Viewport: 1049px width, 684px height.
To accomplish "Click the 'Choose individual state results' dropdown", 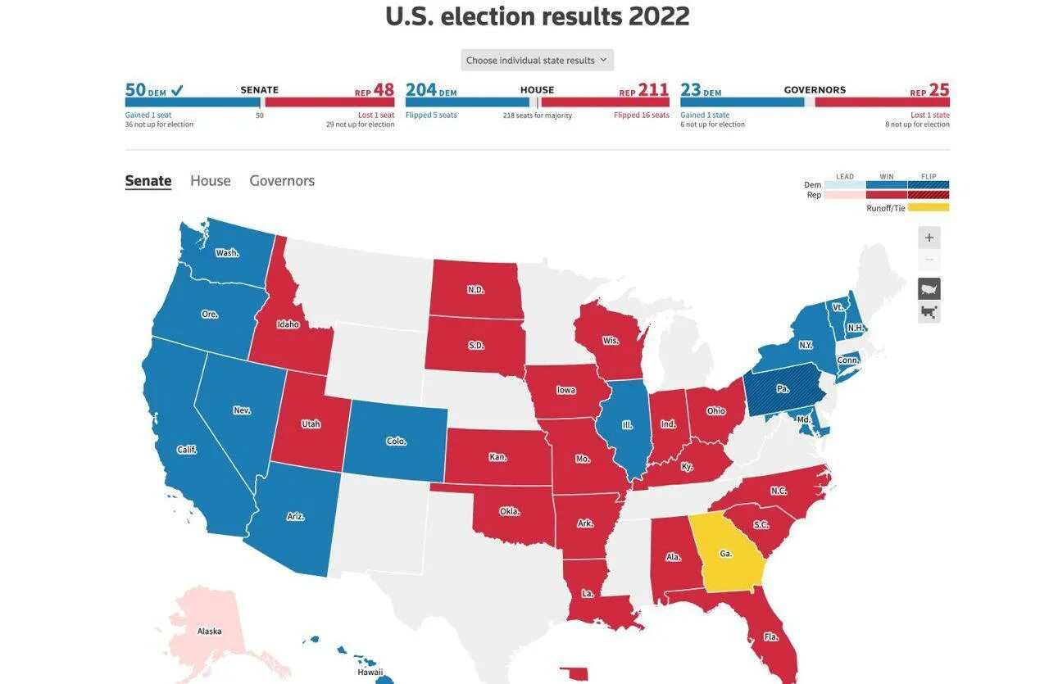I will (x=537, y=61).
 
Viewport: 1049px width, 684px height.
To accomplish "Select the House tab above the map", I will (x=211, y=181).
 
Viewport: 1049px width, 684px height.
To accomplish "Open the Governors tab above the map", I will (x=282, y=181).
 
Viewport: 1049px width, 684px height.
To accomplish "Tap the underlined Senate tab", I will (x=148, y=181).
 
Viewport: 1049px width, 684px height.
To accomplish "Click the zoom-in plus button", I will (x=929, y=238).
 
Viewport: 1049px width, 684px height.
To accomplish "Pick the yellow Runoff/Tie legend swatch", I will (x=929, y=208).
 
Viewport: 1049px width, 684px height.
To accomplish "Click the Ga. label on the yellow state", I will (x=725, y=554).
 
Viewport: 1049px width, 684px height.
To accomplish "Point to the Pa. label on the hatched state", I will (x=783, y=388).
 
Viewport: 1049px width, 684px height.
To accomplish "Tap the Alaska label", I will (x=209, y=631).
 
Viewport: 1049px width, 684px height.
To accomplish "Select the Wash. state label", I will (x=227, y=253).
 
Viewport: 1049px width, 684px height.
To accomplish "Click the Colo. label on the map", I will (x=396, y=442).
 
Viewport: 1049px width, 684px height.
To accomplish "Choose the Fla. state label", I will (x=771, y=636).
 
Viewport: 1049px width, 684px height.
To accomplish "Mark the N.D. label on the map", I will (x=475, y=290).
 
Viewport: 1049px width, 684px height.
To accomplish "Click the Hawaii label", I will (x=370, y=673).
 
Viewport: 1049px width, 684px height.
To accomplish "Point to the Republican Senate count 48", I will (x=384, y=90).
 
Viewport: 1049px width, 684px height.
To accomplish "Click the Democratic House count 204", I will (x=421, y=90).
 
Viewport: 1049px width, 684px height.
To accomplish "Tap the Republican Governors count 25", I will (x=939, y=90).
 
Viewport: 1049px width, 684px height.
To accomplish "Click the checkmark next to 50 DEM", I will (x=177, y=90).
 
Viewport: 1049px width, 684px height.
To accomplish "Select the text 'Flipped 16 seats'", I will (x=641, y=116).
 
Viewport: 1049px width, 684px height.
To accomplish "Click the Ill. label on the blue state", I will (x=627, y=425).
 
